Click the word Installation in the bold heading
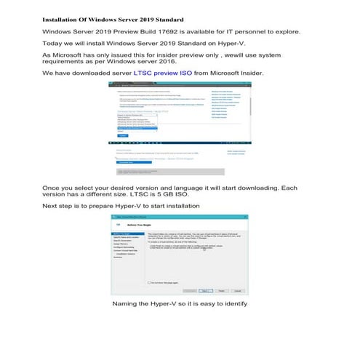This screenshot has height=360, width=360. point(61,19)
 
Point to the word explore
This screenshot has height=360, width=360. point(281,33)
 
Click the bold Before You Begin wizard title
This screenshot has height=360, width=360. point(139,225)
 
